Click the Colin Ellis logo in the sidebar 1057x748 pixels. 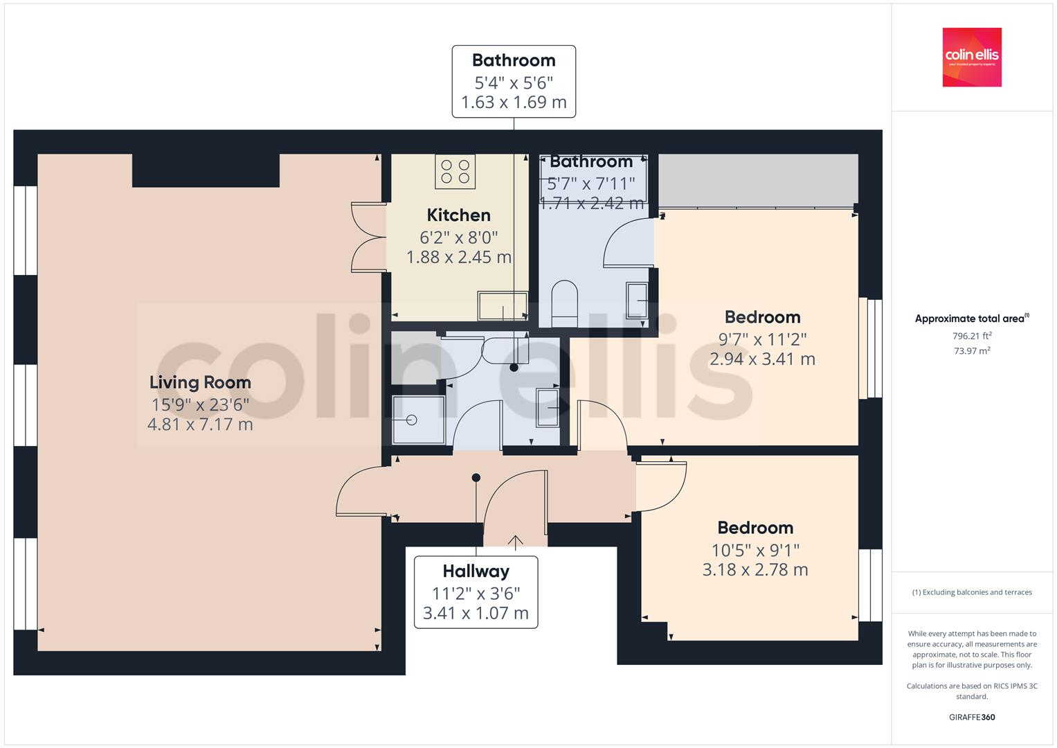pyautogui.click(x=971, y=57)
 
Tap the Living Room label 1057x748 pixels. pyautogui.click(x=200, y=382)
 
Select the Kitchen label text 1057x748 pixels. pyautogui.click(x=458, y=215)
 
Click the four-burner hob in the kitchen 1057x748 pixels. pyautogui.click(x=455, y=171)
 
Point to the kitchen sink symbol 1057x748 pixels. pyautogui.click(x=502, y=306)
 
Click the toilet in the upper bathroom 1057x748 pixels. pyautogui.click(x=564, y=303)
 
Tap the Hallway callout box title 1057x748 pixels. pyautogui.click(x=476, y=571)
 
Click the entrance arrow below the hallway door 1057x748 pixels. pyautogui.click(x=515, y=541)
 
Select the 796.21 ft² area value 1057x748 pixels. pyautogui.click(x=971, y=336)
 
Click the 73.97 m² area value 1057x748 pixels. pyautogui.click(x=971, y=350)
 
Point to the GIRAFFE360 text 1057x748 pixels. pyautogui.click(x=971, y=717)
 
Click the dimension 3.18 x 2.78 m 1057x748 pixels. pyautogui.click(x=755, y=570)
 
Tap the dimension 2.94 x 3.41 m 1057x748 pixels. pyautogui.click(x=761, y=359)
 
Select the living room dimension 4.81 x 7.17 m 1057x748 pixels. pyautogui.click(x=200, y=425)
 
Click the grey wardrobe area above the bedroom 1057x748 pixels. pyautogui.click(x=757, y=180)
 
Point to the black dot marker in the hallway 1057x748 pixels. pyautogui.click(x=476, y=477)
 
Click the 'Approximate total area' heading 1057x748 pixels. pyautogui.click(x=971, y=319)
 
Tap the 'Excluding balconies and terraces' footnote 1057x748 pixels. pyautogui.click(x=971, y=592)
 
